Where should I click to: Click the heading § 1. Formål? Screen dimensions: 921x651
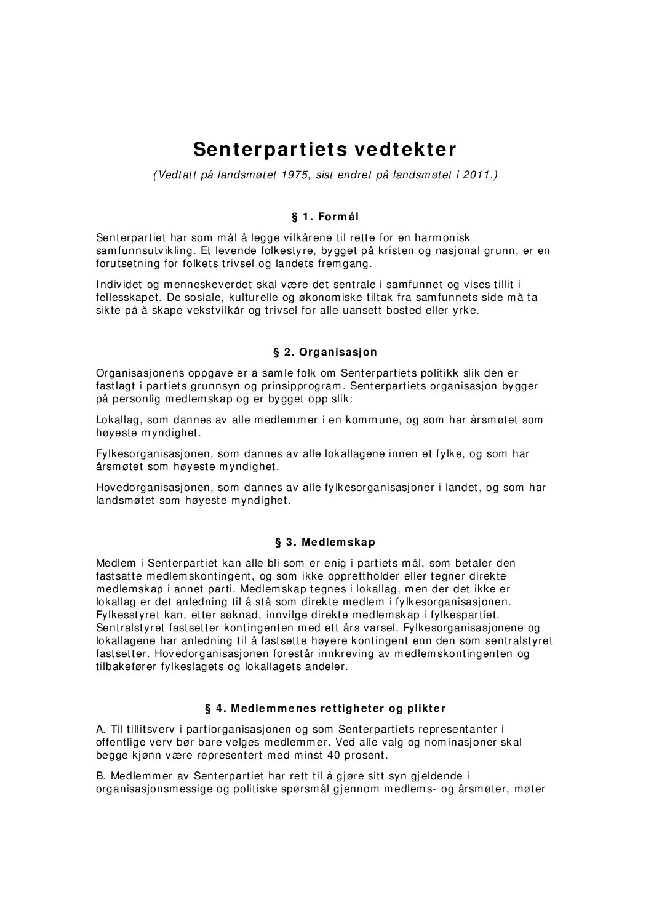(x=325, y=217)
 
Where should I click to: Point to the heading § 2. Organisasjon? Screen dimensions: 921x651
(x=325, y=353)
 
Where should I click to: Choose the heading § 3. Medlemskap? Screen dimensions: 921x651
(x=325, y=543)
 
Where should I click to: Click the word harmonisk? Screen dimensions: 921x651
(x=442, y=237)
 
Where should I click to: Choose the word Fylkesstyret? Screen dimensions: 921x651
(x=125, y=615)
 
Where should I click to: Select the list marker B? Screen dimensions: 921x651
(x=100, y=776)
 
